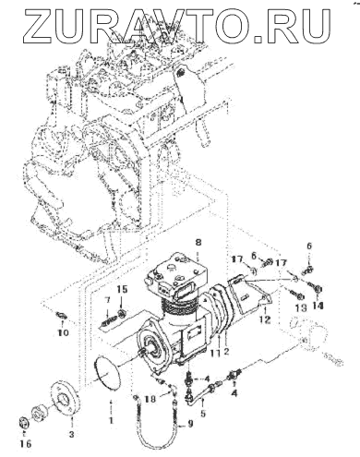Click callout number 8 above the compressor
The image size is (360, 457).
pyautogui.click(x=198, y=242)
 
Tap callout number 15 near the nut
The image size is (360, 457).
pyautogui.click(x=122, y=289)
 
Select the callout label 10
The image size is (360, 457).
pyautogui.click(x=63, y=333)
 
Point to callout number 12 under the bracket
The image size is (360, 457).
pyautogui.click(x=265, y=319)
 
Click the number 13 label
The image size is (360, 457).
pyautogui.click(x=301, y=307)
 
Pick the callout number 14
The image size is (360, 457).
pyautogui.click(x=318, y=307)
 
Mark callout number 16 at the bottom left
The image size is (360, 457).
pyautogui.click(x=26, y=443)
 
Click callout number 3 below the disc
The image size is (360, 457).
pyautogui.click(x=71, y=434)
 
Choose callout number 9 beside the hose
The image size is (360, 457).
pyautogui.click(x=190, y=424)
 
